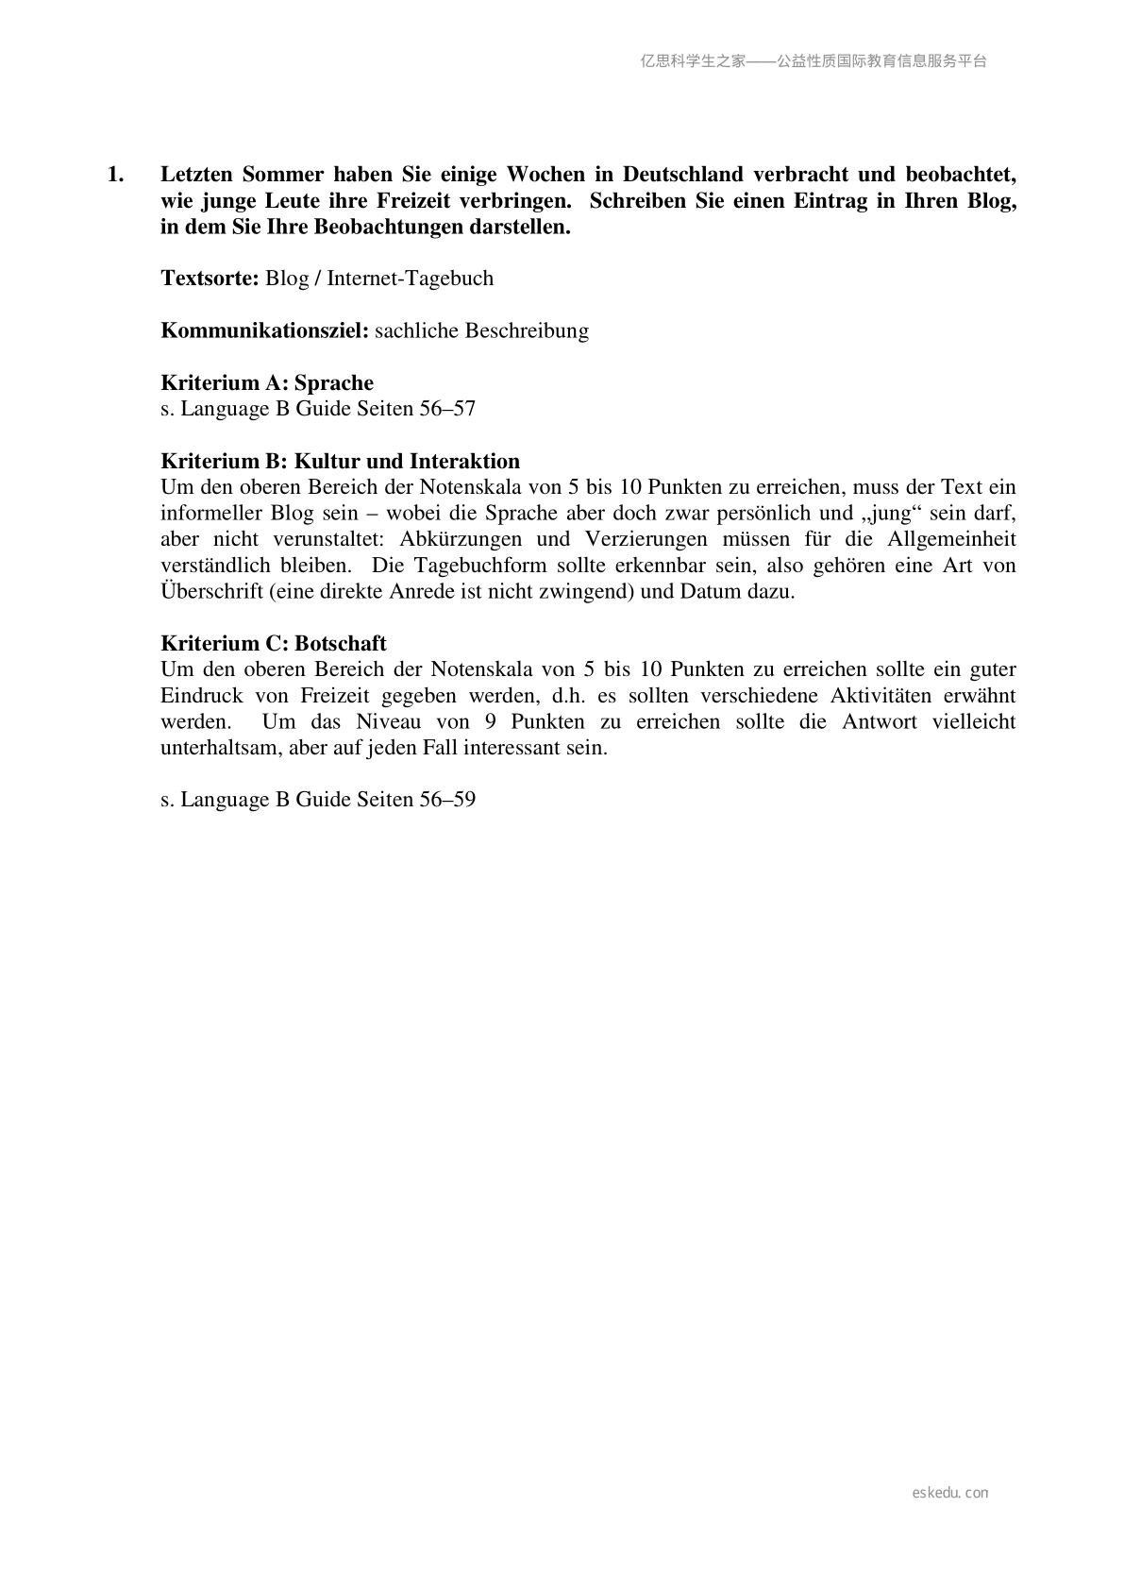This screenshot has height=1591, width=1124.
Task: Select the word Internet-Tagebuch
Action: [x=410, y=279]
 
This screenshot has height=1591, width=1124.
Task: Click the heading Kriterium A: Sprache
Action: [x=267, y=382]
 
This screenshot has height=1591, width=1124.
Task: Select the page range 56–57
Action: [x=447, y=409]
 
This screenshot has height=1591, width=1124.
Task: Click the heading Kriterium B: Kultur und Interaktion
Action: [x=340, y=461]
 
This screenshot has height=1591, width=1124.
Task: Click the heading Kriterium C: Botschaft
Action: [x=274, y=643]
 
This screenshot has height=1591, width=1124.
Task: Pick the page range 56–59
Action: [x=447, y=799]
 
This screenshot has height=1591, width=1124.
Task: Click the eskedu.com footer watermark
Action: [x=950, y=1493]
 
